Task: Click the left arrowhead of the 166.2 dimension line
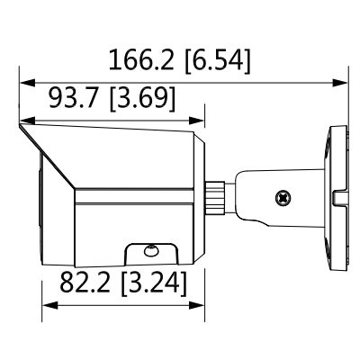pos(25,83)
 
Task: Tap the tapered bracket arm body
pos(261,193)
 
